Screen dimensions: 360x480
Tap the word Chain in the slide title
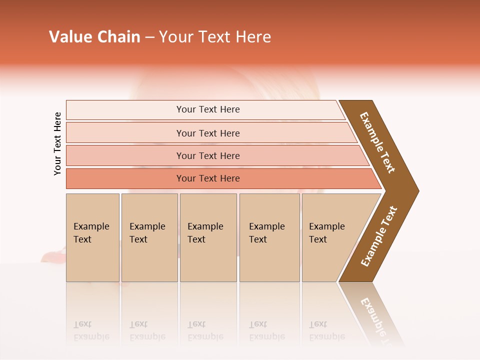[x=118, y=37]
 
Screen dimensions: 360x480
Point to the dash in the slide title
[x=149, y=37]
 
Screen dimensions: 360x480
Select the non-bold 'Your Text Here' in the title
[x=215, y=37]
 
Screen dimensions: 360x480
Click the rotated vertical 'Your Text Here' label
[x=57, y=143]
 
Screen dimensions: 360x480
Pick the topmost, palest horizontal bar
[x=205, y=109]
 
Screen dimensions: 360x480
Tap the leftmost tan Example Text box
[x=92, y=237]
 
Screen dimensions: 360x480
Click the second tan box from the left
[x=149, y=237]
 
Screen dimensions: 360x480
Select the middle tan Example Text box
[x=208, y=237]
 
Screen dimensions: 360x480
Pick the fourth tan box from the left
[x=269, y=237]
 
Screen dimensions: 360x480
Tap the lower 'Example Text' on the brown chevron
[x=379, y=236]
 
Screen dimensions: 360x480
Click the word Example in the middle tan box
[x=205, y=226]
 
